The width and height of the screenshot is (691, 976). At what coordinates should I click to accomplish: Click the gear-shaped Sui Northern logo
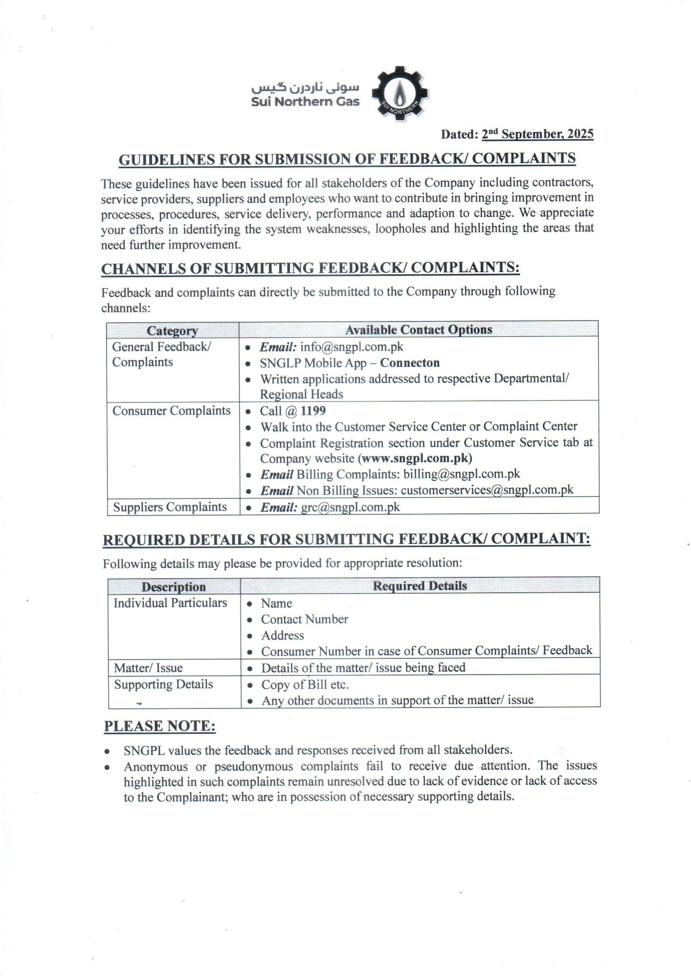coord(399,94)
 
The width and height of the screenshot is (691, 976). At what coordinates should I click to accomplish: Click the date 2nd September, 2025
coord(537,134)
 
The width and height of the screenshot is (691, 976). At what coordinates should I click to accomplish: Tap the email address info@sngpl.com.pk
coord(351,347)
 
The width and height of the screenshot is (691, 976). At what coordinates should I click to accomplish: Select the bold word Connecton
coord(410,363)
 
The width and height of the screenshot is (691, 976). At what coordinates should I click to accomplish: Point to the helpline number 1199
coord(313,411)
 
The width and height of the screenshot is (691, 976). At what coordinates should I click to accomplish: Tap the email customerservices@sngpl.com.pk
coord(487,490)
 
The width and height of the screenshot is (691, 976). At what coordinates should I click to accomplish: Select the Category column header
coord(172,330)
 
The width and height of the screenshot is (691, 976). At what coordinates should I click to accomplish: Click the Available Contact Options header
coord(419,329)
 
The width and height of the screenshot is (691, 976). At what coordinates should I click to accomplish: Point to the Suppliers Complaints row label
coord(170,507)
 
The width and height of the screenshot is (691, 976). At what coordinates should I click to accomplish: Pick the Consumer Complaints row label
coord(171,411)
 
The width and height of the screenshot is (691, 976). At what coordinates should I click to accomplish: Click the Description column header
coord(174,587)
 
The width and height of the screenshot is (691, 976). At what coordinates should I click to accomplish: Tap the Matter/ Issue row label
coord(148,668)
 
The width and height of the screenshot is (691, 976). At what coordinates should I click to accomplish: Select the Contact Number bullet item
coord(304,619)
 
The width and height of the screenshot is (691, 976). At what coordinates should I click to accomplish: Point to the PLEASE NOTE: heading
coord(160,726)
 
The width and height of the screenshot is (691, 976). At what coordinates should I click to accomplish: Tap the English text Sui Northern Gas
coord(305,102)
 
